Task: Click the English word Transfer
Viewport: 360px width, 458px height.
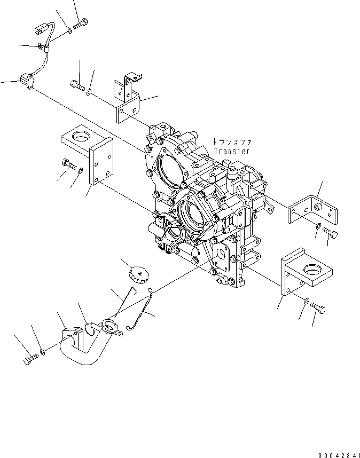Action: [231, 151]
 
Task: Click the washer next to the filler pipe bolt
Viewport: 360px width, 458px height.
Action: [42, 353]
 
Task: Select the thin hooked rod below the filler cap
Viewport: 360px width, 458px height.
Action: [127, 303]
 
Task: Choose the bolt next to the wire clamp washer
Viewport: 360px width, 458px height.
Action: [82, 23]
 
